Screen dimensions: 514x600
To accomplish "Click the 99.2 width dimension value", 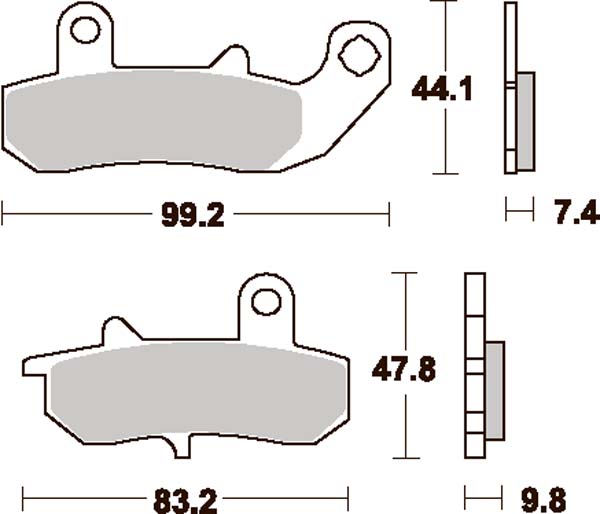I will (x=190, y=214).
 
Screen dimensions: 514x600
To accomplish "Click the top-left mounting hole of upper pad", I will (x=86, y=32).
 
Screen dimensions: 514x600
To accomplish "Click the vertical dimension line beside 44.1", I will (x=440, y=140).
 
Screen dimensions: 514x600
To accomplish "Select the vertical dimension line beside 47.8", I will (x=405, y=420).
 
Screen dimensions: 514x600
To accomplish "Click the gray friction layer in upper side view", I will (x=526, y=111).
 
